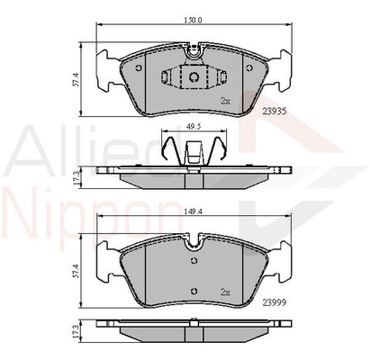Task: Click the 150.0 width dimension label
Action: pos(194,20)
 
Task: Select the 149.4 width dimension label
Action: pos(194,211)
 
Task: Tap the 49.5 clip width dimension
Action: pos(194,127)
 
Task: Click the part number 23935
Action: pos(275,112)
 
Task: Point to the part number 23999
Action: pos(275,303)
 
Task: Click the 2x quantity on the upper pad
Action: pos(225,101)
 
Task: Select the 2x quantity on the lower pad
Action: pos(225,292)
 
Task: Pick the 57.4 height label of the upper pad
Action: pos(76,79)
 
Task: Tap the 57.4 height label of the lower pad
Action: pos(76,271)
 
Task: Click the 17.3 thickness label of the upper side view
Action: pos(76,177)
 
